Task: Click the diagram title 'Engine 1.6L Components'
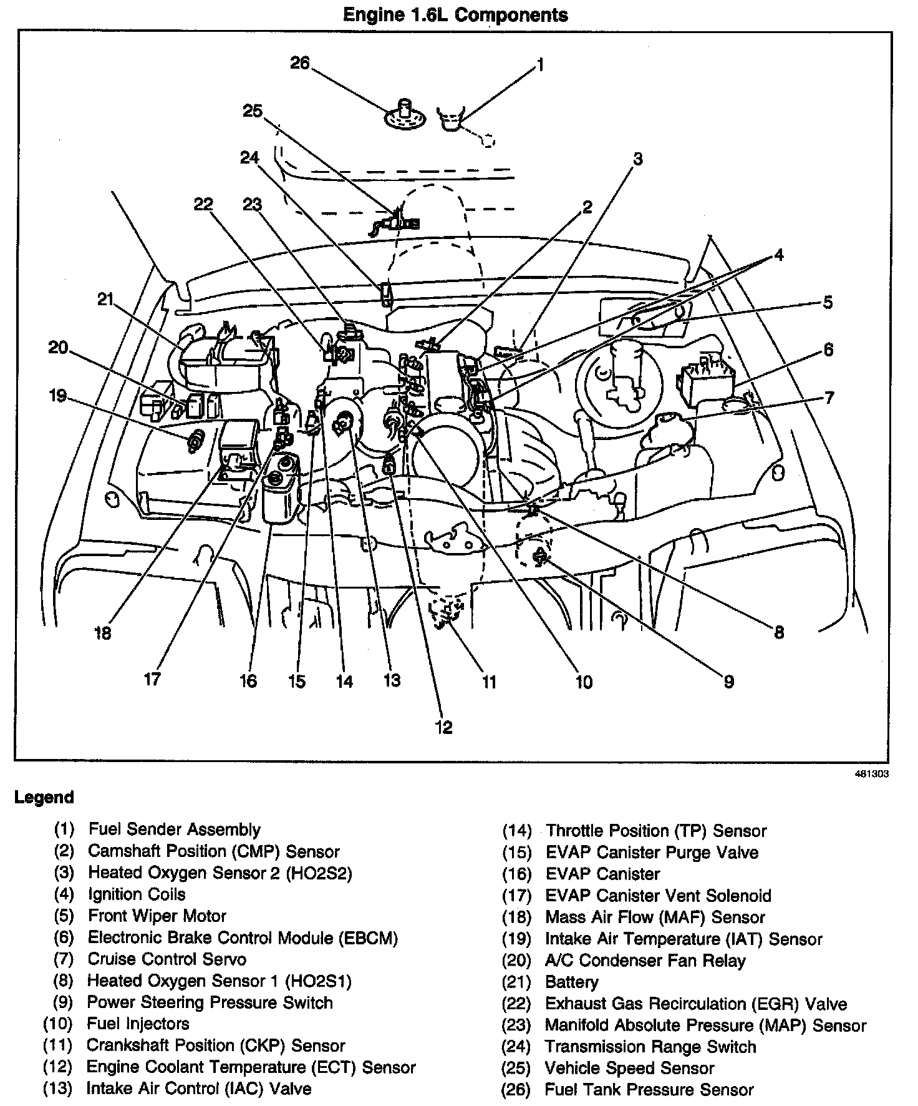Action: point(455,14)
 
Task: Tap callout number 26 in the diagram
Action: point(300,63)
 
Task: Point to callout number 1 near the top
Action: point(540,64)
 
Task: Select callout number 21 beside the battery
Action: point(105,300)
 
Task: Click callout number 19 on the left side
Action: point(58,396)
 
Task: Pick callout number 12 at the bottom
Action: point(443,727)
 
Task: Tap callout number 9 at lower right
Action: point(728,682)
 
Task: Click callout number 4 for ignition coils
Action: point(778,255)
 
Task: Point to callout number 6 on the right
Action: point(828,350)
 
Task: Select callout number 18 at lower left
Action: point(103,633)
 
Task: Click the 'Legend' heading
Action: point(44,797)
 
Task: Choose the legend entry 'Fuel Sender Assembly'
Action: point(174,829)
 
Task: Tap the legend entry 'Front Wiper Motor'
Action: point(157,916)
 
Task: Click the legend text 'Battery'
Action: point(571,982)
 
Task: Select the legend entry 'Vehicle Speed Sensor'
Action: point(629,1068)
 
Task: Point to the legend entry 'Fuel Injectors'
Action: point(138,1024)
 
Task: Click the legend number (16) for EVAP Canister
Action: point(516,874)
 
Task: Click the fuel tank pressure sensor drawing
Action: point(404,115)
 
